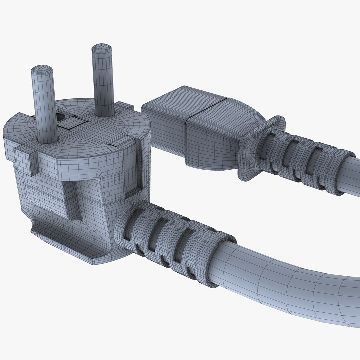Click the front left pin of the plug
click(x=44, y=107)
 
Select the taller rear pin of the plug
click(x=103, y=83)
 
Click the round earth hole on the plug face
click(x=61, y=117)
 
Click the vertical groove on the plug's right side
click(x=132, y=167)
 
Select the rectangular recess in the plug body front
click(x=75, y=200)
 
